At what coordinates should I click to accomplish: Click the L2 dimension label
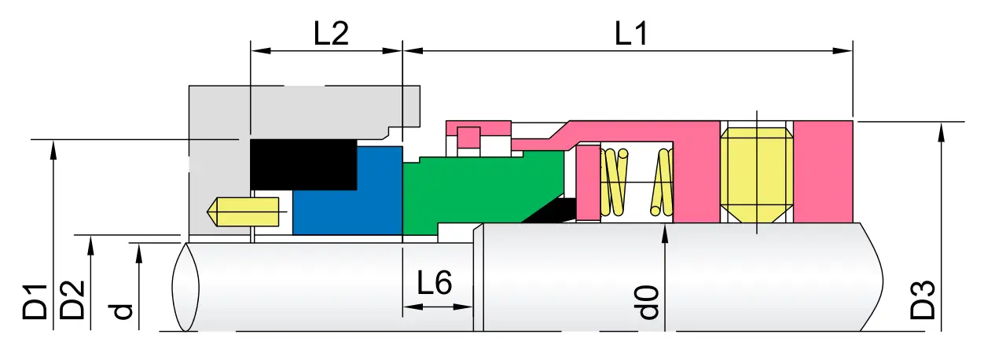point(331,34)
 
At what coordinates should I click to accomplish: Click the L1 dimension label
point(630,34)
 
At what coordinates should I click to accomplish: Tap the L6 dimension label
point(434,283)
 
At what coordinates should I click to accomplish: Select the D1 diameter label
point(35,302)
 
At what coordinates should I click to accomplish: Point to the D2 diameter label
point(72,299)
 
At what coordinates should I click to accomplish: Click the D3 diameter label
point(923,299)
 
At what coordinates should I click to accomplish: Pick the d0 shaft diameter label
point(648,303)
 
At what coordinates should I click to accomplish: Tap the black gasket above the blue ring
point(303,165)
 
